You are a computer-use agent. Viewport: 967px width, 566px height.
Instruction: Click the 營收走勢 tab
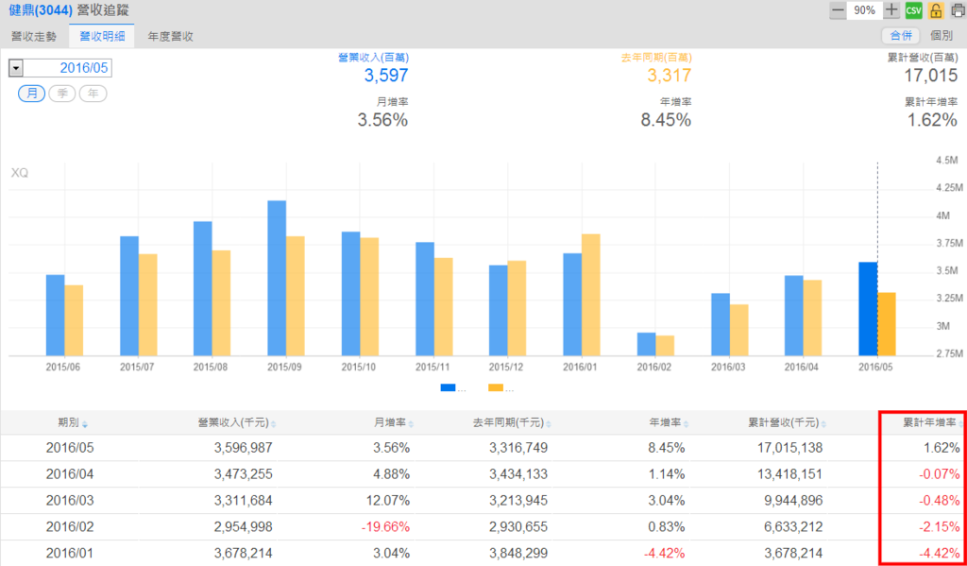pyautogui.click(x=34, y=36)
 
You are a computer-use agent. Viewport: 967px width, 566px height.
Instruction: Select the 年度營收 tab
pyautogui.click(x=171, y=36)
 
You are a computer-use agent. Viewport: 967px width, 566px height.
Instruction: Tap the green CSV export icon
pyautogui.click(x=913, y=10)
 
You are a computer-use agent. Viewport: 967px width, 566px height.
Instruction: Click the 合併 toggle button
pyautogui.click(x=900, y=36)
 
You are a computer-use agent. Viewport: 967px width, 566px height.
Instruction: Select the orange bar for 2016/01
pyautogui.click(x=591, y=294)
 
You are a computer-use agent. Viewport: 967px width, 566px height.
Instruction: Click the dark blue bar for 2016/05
pyautogui.click(x=868, y=308)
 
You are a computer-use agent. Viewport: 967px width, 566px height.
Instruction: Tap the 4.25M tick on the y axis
pyautogui.click(x=947, y=188)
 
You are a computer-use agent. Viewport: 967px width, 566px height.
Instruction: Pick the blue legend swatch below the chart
pyautogui.click(x=448, y=387)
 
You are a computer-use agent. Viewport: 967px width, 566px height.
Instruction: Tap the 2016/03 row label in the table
pyautogui.click(x=68, y=500)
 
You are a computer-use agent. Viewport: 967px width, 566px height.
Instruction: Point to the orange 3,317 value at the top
pyautogui.click(x=670, y=76)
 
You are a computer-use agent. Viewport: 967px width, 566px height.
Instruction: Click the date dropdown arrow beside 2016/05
pyautogui.click(x=16, y=68)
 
